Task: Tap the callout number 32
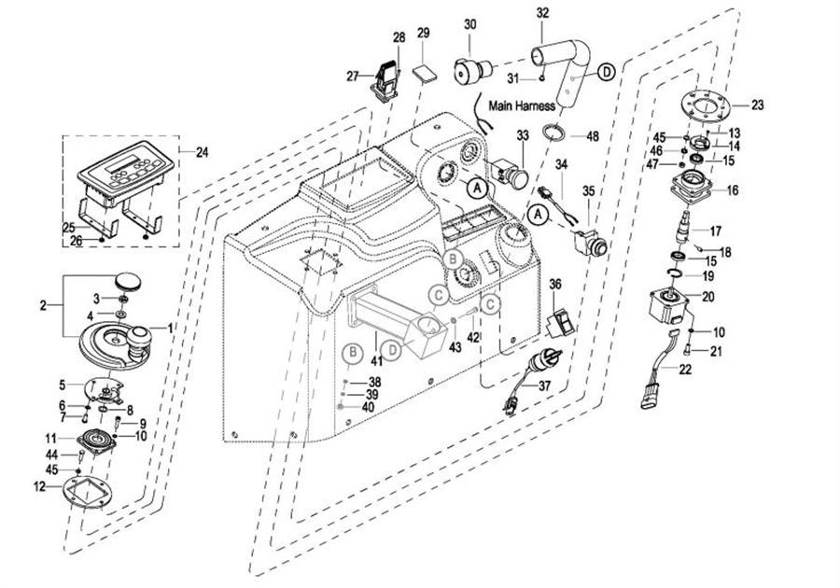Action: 542,12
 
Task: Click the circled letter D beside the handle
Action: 606,72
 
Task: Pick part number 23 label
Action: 757,105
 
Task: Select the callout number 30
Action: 469,23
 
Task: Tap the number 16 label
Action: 733,190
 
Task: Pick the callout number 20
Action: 707,296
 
